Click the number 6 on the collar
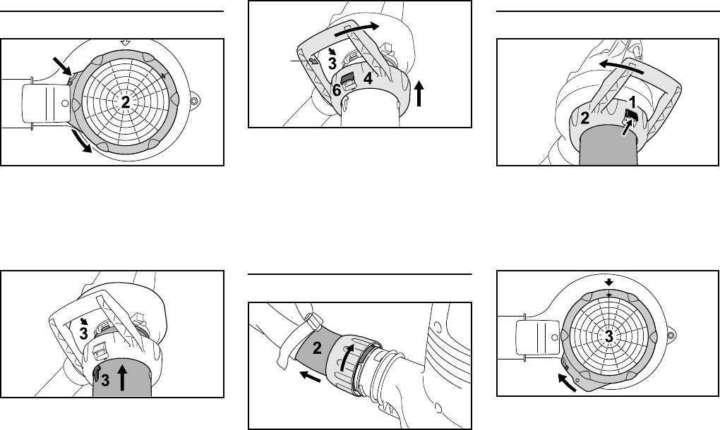pyautogui.click(x=337, y=91)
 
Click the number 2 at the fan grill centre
pyautogui.click(x=125, y=102)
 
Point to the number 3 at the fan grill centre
pyautogui.click(x=608, y=337)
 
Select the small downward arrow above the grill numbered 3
pyautogui.click(x=609, y=282)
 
